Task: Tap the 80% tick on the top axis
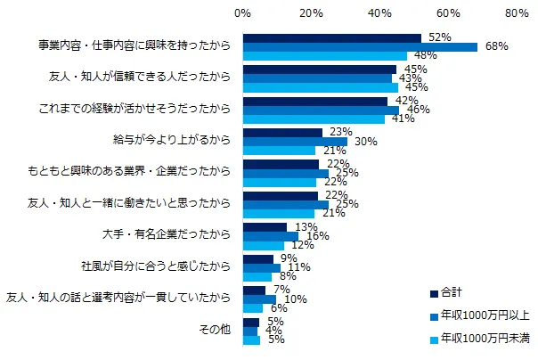(518, 14)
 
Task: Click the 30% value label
(364, 141)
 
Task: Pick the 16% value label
(316, 236)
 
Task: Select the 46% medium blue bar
(322, 110)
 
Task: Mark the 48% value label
(426, 56)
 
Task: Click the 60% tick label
(448, 14)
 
